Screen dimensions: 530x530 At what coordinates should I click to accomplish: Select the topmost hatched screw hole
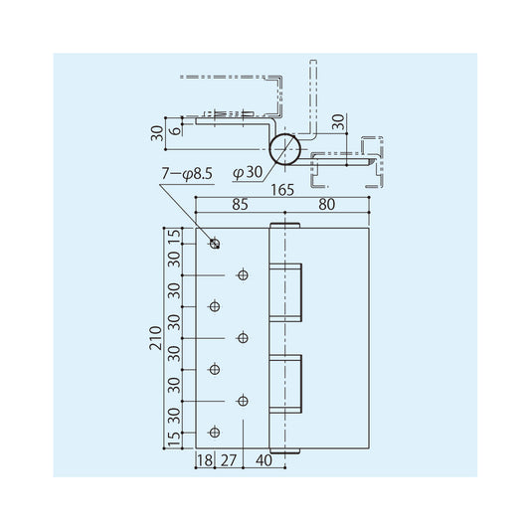213,244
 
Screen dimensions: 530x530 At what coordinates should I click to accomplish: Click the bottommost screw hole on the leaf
213,432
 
